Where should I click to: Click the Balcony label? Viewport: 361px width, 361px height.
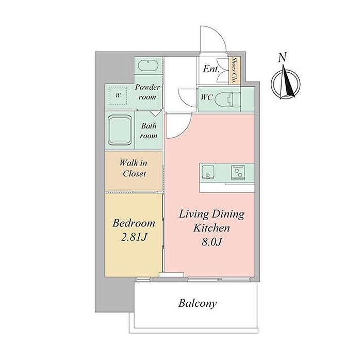pos(198,303)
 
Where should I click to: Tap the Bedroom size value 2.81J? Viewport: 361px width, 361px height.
pos(134,237)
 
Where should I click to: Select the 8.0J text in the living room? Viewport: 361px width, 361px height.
pos(211,242)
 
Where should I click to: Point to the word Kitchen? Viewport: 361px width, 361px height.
pos(211,228)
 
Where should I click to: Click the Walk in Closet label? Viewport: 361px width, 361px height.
pos(134,168)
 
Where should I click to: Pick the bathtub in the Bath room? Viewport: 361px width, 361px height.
pos(120,130)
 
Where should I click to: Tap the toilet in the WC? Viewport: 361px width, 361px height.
pos(227,100)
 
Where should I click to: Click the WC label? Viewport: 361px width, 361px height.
pos(206,97)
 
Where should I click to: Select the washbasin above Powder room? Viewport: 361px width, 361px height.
pos(148,65)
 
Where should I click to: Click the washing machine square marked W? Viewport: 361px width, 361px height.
pos(118,96)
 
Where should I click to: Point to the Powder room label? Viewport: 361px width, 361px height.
pos(147,92)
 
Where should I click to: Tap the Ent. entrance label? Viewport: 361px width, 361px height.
pos(210,69)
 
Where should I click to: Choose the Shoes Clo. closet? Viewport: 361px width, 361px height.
pos(234,70)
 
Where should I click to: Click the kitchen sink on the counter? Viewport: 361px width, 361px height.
pos(208,172)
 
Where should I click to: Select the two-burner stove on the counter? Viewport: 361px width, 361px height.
pos(238,172)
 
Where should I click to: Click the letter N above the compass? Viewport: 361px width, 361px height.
pos(282,57)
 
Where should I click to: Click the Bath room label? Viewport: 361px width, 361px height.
pos(149,131)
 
